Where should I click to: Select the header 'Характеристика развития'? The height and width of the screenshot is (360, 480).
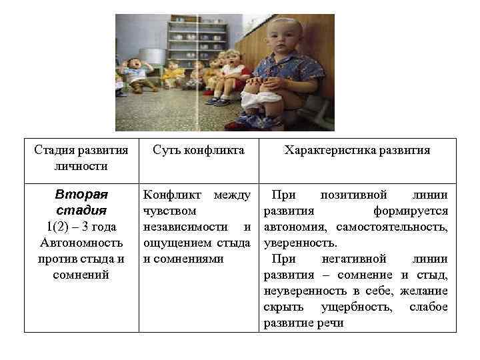357,151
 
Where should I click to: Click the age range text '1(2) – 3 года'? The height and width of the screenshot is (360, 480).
81,227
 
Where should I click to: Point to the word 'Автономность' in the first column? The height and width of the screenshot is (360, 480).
81,243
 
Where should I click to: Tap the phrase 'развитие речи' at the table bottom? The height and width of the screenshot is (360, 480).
303,323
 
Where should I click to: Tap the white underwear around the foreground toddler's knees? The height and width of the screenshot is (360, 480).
262,100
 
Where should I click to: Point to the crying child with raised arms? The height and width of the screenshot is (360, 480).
137,71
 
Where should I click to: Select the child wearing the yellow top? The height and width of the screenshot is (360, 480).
175,73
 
